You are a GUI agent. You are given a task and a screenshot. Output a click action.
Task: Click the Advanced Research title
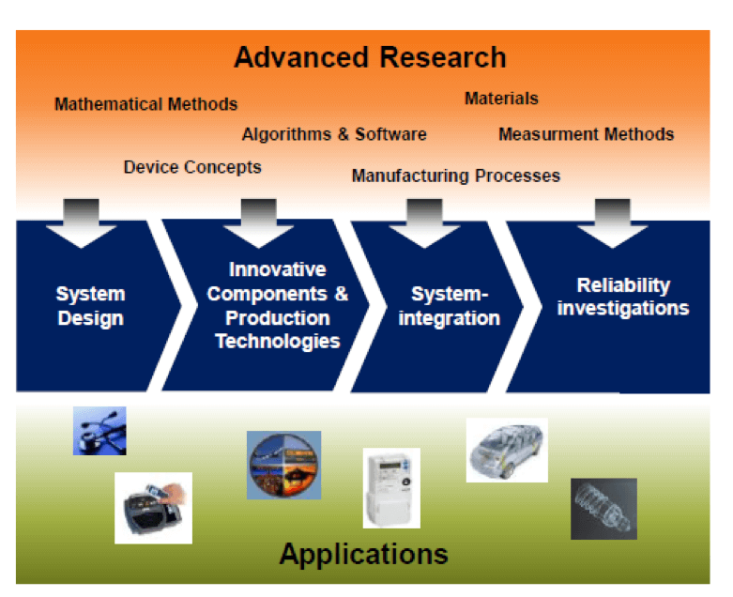coord(370,57)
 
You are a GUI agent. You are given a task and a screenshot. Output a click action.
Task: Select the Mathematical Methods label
coord(145,104)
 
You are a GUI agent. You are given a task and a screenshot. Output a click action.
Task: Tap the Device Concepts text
coord(192,167)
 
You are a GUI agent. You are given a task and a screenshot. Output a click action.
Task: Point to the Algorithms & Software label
coord(334,134)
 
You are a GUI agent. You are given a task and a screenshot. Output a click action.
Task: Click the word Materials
coord(501,99)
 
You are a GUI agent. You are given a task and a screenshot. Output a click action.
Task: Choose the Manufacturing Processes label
coord(455,176)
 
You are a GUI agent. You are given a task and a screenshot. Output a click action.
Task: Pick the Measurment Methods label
coord(586,134)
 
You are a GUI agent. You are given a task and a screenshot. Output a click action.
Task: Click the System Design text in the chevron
coord(90,306)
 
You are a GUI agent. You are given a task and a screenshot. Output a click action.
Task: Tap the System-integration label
coord(449,307)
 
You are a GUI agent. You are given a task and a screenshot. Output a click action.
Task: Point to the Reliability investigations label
coord(622,297)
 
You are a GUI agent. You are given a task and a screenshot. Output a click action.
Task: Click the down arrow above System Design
coord(82,222)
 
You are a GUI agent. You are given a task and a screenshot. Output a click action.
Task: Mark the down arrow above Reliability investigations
coord(612,222)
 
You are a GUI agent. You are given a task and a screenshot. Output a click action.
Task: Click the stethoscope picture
coord(99,431)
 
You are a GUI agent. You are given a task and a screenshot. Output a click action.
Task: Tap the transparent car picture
coord(507,450)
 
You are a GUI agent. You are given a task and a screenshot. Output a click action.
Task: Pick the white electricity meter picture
coord(391,487)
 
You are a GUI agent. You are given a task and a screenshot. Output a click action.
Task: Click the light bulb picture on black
coord(603,508)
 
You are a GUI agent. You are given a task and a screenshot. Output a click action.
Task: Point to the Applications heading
coord(363,554)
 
